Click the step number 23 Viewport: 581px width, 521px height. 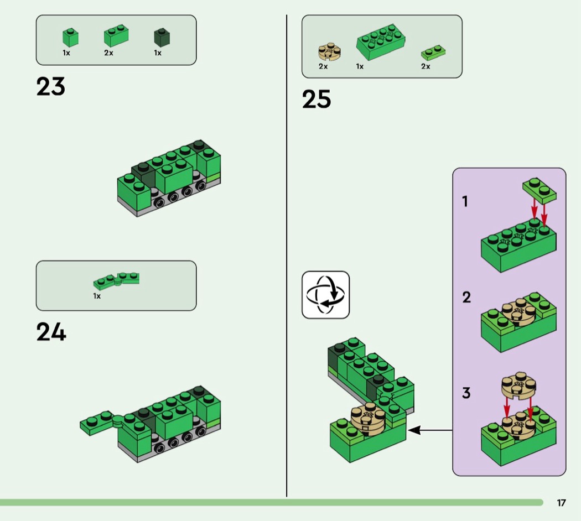coord(51,86)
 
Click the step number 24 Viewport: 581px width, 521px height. coord(51,332)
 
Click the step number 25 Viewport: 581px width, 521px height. coord(317,99)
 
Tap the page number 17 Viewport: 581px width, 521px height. coord(562,503)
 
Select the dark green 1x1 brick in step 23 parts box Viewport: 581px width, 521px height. coord(162,38)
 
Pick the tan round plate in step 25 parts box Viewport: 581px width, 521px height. coord(329,52)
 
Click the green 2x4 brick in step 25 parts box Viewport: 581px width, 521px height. coord(381,42)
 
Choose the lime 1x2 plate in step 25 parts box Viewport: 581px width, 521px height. coord(433,53)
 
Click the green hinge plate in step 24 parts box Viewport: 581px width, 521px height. coord(116,281)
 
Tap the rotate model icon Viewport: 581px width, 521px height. coord(326,295)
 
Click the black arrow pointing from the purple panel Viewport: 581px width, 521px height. coord(430,430)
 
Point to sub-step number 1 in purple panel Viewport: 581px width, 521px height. coord(465,201)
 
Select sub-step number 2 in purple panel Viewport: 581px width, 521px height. coord(466,297)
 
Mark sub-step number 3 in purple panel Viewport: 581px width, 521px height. coord(466,393)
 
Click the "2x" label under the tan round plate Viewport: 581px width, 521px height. coord(323,66)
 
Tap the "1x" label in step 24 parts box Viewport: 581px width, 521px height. coord(97,296)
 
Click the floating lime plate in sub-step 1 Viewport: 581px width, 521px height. coord(539,191)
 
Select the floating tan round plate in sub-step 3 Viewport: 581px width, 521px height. coord(519,385)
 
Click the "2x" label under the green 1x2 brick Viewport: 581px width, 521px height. coord(108,53)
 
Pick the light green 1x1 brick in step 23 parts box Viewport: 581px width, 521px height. coord(70,38)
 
